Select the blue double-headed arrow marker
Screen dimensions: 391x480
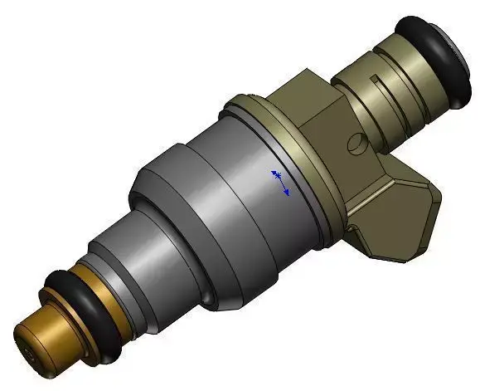tap(280, 183)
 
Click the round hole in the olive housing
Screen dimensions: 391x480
tap(356, 144)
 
